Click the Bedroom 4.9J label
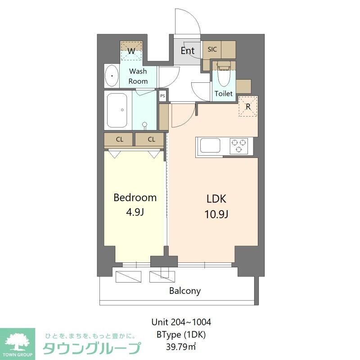pos(135,204)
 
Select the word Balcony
pos(185,291)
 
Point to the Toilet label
pos(224,94)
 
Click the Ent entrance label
pos(187,50)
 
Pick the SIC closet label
pos(212,49)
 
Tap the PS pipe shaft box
pos(162,95)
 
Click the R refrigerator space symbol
pos(248,107)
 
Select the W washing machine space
pos(131,51)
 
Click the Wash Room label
pos(138,76)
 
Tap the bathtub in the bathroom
pos(118,110)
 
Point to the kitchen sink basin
pos(210,146)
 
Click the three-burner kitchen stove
pos(239,146)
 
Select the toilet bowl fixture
pos(222,79)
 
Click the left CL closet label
pos(119,139)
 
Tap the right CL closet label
pos(152,139)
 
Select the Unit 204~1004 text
pos(181,322)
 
